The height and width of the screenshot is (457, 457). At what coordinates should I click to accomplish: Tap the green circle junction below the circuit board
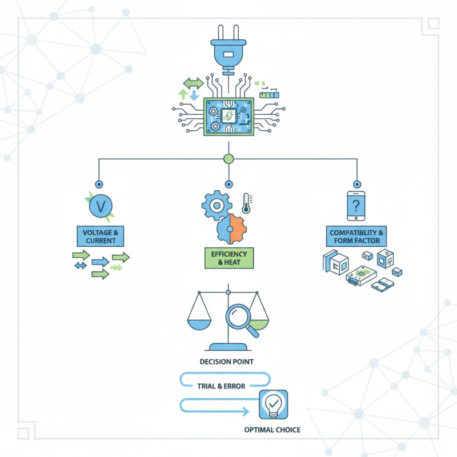[228, 159]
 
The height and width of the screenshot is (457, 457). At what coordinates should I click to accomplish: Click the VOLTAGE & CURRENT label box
[101, 236]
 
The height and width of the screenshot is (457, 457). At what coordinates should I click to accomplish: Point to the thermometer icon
[247, 203]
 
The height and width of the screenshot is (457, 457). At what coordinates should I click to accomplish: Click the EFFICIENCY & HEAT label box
[228, 258]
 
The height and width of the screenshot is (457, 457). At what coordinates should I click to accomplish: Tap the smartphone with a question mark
[357, 206]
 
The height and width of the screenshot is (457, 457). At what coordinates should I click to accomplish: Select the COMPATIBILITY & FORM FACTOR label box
[358, 237]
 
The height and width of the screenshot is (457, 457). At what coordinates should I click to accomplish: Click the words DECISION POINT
[227, 362]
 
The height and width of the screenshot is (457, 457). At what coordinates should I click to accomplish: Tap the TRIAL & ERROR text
[221, 386]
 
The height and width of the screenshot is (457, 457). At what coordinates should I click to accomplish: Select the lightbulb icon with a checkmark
[272, 406]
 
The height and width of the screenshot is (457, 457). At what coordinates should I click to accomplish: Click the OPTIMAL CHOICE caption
[272, 430]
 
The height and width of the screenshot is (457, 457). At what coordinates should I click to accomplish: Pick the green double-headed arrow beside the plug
[193, 84]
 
